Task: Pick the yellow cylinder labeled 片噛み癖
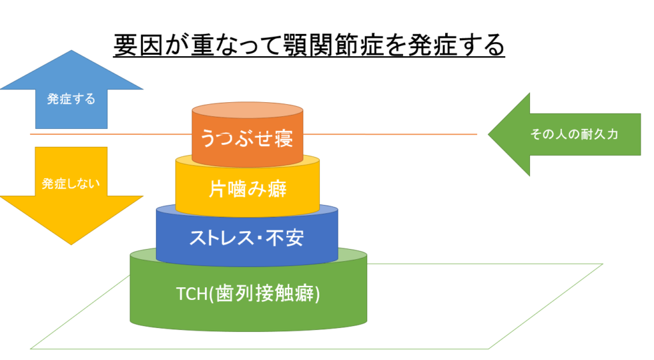tap(247, 189)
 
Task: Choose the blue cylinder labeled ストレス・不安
tap(247, 237)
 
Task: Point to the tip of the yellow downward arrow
tap(71, 243)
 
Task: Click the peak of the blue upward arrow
tap(71, 52)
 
